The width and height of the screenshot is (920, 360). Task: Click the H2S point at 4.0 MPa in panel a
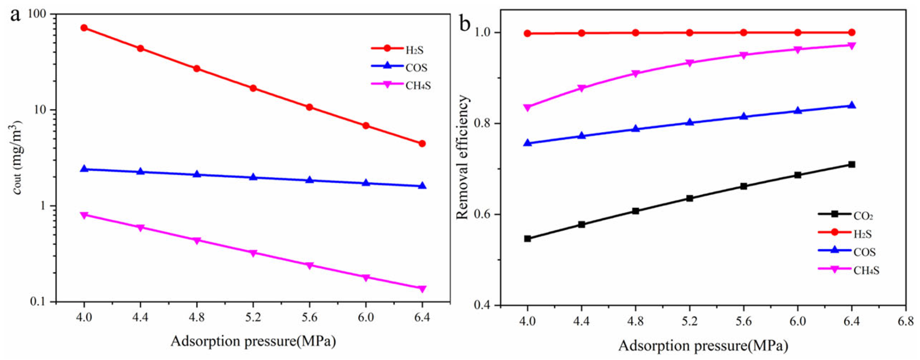tap(84, 28)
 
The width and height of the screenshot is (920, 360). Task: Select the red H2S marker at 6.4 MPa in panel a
tap(422, 143)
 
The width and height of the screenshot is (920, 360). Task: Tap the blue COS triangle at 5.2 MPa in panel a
tap(253, 177)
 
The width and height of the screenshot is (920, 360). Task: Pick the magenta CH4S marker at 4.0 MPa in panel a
tap(84, 215)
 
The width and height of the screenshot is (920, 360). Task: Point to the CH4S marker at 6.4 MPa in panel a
tap(422, 289)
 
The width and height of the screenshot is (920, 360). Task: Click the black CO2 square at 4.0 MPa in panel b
tap(527, 239)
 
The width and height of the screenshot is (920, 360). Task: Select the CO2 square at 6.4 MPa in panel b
tap(851, 164)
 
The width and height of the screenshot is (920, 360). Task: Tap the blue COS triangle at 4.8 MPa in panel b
tap(635, 129)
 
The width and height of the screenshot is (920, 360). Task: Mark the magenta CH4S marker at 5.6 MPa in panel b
tap(744, 55)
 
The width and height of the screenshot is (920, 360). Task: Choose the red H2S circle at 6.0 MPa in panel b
tap(797, 33)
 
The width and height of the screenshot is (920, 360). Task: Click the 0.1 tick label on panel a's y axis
tap(38, 302)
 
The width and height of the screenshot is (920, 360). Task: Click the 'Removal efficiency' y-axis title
tap(463, 157)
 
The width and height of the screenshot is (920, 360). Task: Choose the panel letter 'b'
tap(465, 24)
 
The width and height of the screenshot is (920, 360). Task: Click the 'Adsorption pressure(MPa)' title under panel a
tap(253, 341)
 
